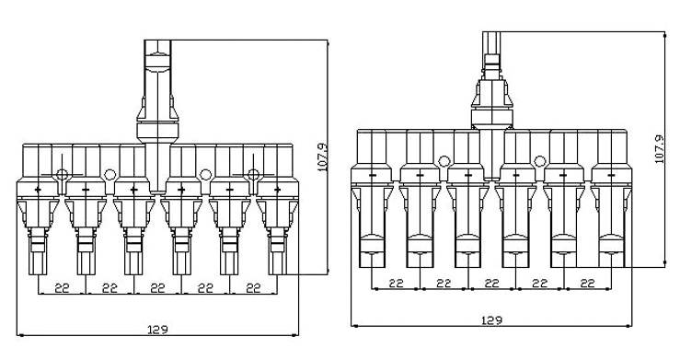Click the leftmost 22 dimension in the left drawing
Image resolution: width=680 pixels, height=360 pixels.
click(62, 288)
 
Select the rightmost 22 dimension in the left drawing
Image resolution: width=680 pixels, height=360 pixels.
click(253, 288)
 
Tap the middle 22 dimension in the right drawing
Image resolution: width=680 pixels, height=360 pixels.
click(491, 284)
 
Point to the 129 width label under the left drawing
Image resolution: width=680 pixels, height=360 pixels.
click(157, 330)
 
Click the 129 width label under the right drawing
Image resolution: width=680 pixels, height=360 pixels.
click(491, 320)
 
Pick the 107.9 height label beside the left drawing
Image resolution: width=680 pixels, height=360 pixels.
click(323, 157)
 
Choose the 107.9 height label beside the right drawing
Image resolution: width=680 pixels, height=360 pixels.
click(660, 149)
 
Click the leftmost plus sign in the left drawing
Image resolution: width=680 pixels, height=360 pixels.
click(38, 190)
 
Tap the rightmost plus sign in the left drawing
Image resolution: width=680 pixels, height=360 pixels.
click(278, 190)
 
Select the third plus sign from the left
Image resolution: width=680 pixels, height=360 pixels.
click(134, 190)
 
